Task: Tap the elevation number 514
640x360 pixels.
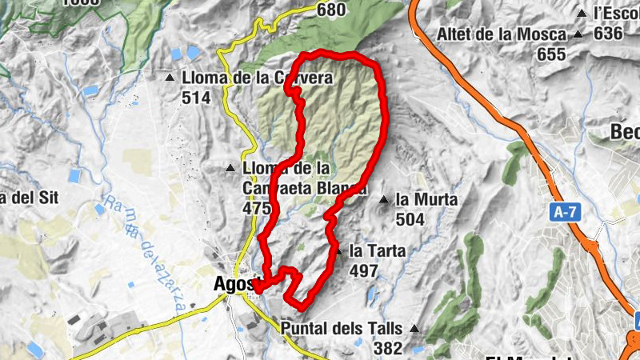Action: (x=196, y=98)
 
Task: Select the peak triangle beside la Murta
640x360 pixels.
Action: (x=385, y=199)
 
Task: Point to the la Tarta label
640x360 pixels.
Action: (x=378, y=251)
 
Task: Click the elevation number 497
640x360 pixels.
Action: (x=364, y=271)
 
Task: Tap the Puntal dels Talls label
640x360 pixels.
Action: (x=343, y=328)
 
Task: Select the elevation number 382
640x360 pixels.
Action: (x=388, y=348)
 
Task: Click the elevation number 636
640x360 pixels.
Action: (x=608, y=34)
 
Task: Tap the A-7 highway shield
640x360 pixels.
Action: (x=566, y=212)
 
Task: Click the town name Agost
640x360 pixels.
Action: (x=234, y=284)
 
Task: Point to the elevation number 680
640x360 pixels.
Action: (x=331, y=10)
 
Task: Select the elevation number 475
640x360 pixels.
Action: (x=256, y=208)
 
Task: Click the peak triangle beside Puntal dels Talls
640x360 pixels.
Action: (x=414, y=328)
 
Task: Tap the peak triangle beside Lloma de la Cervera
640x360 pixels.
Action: (x=170, y=78)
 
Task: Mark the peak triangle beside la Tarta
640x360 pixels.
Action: (x=339, y=251)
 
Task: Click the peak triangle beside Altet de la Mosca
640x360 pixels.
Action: (x=578, y=34)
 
